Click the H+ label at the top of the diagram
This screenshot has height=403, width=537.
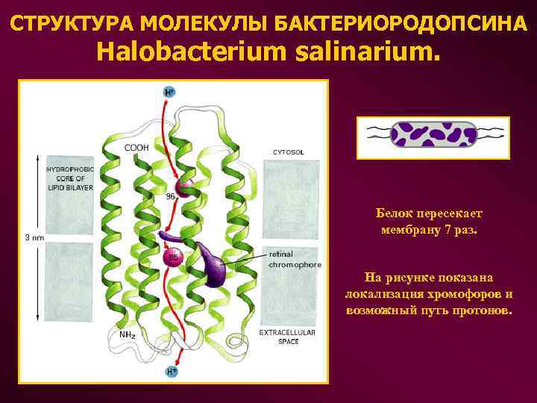170,92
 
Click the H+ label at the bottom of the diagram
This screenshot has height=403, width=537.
172,371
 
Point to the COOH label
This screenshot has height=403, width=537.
136,148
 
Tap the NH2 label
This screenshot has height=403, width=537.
128,334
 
